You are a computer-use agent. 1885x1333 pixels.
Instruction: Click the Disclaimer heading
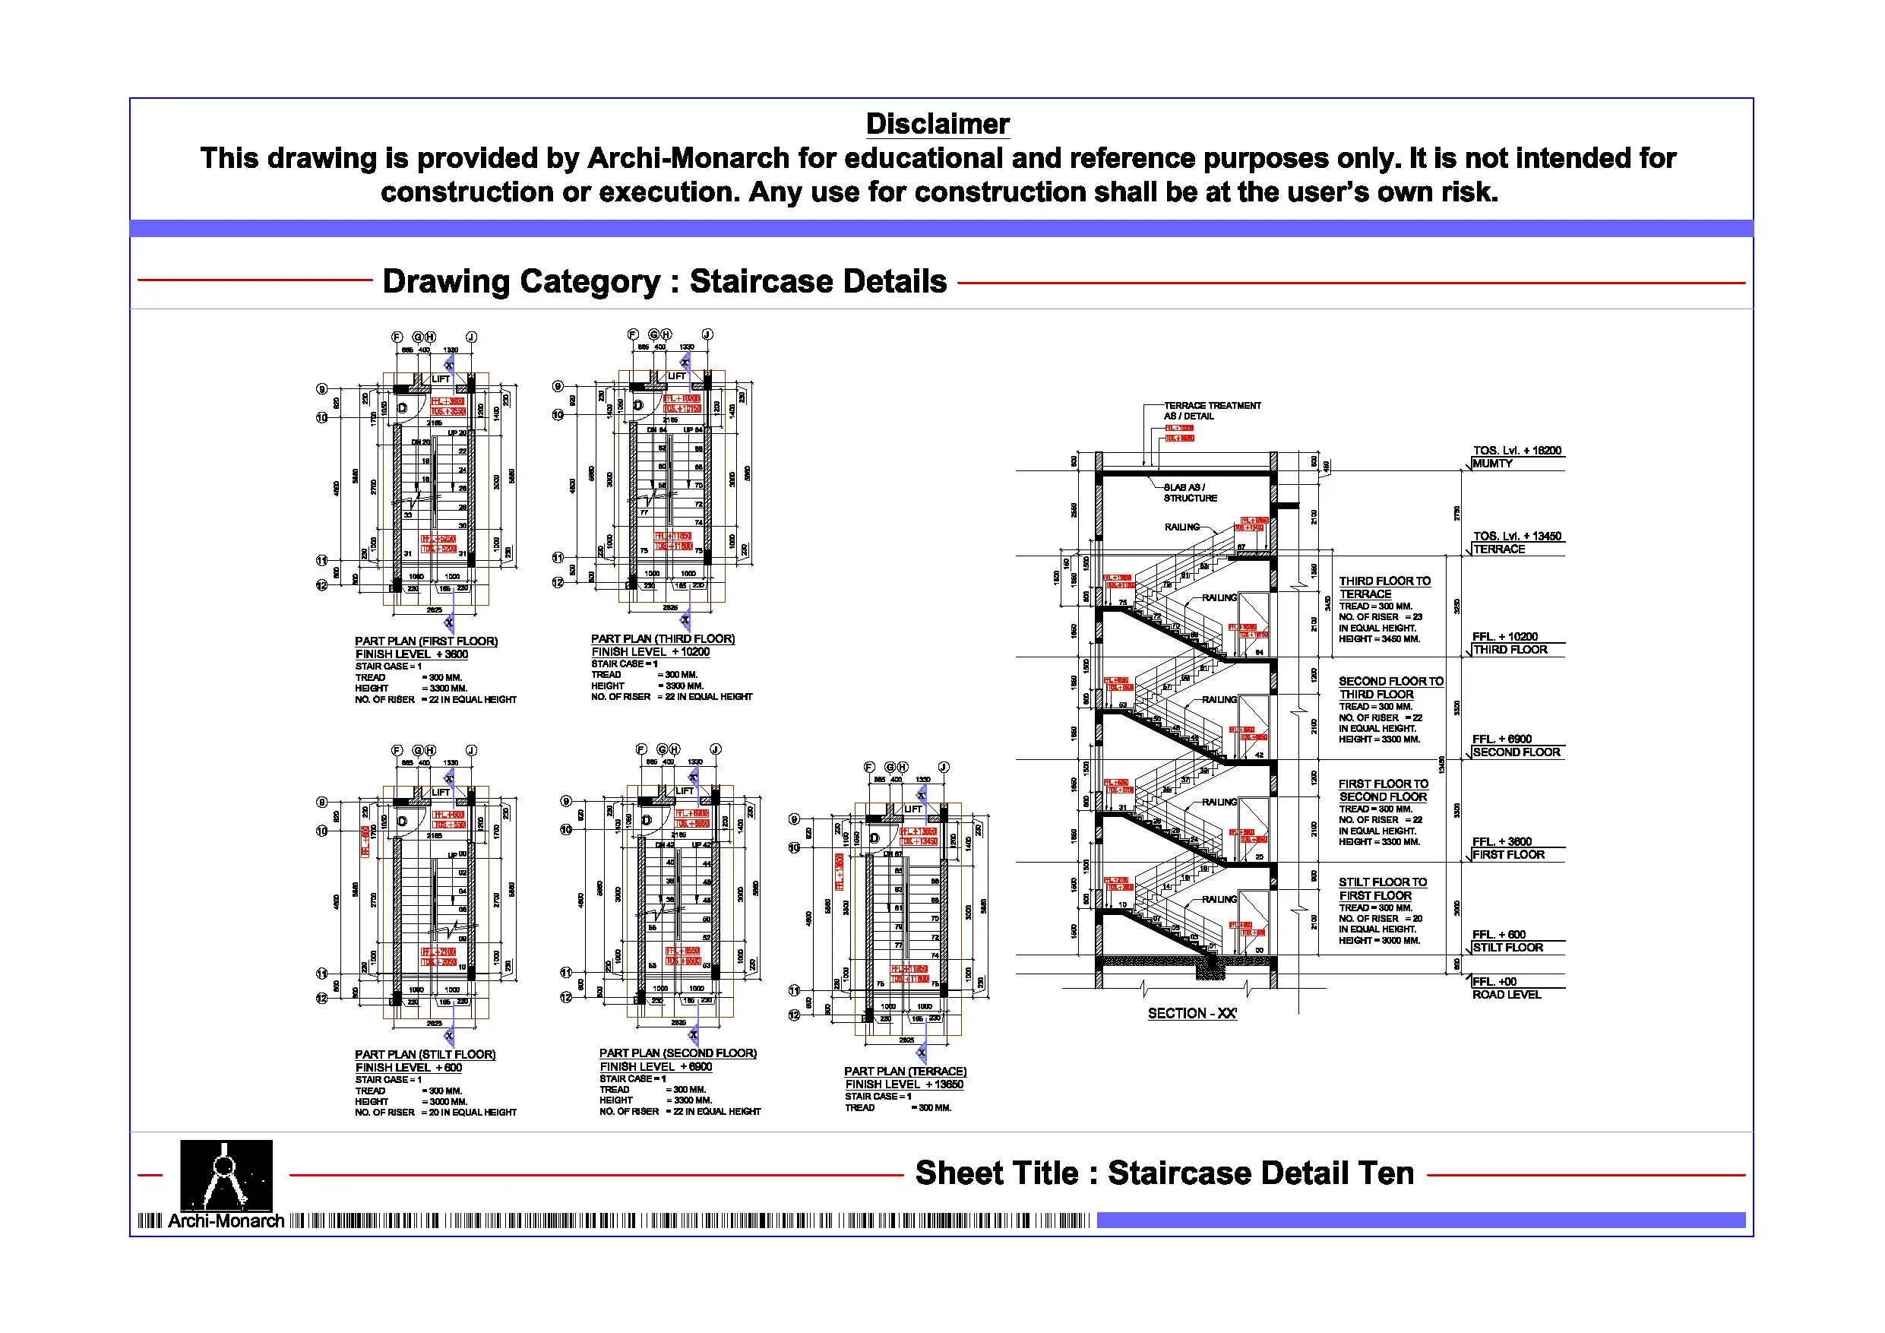coord(938,124)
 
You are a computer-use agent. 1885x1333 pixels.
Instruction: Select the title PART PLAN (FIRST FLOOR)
coord(426,641)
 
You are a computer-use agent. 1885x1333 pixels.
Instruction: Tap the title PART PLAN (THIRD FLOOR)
coord(663,638)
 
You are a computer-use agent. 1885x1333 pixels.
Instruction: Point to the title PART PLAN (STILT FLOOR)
coord(425,1054)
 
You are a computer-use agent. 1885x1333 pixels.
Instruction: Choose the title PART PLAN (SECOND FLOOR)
coord(677,1052)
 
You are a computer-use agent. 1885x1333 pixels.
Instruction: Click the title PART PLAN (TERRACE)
coord(905,1071)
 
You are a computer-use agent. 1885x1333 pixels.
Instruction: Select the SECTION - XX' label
coord(1192,1014)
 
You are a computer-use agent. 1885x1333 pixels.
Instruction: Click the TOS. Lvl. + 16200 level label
coord(1517,450)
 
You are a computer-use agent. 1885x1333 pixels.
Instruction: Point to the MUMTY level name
coord(1491,464)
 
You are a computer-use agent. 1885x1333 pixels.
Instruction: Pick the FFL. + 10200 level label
coord(1505,637)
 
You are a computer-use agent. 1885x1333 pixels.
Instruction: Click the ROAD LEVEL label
coord(1506,995)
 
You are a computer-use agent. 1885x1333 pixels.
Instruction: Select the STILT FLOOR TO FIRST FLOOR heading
coord(1383,888)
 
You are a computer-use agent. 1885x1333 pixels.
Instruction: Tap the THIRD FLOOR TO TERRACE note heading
coord(1384,587)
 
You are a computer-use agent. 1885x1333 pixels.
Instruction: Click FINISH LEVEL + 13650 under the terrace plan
coord(904,1084)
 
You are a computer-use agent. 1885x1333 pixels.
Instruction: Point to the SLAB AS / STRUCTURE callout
coord(1190,492)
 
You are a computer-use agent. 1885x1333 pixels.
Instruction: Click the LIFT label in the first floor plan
coord(441,378)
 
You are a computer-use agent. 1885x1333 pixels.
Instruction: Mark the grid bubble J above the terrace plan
coord(944,766)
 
